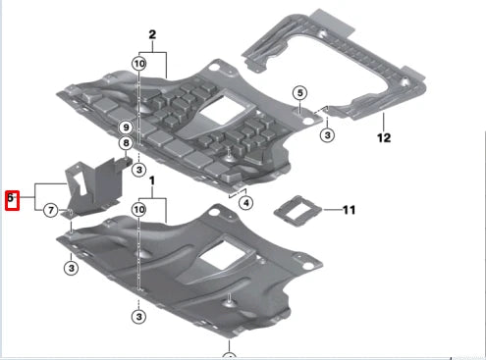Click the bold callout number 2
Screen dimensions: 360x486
click(x=152, y=35)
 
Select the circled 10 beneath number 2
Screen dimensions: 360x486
click(x=139, y=63)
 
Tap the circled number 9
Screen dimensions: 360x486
click(x=127, y=128)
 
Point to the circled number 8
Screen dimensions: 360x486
click(x=127, y=143)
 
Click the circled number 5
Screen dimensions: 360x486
click(x=298, y=93)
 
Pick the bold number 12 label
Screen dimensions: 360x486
click(x=383, y=139)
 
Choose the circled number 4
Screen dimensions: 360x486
click(x=245, y=203)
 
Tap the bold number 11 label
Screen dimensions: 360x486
click(x=349, y=210)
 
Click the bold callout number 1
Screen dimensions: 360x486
click(x=152, y=183)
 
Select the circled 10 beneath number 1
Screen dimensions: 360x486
click(x=139, y=210)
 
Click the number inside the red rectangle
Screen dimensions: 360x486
click(x=12, y=197)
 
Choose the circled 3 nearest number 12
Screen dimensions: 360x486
click(x=327, y=133)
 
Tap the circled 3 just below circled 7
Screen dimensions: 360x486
click(x=73, y=268)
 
